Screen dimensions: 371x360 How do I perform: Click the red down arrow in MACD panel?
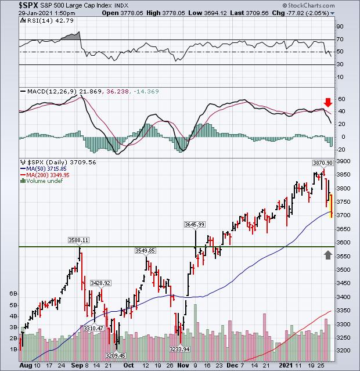pyautogui.click(x=327, y=103)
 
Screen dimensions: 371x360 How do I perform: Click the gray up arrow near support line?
pyautogui.click(x=329, y=254)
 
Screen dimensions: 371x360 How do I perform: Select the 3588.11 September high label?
pyautogui.click(x=78, y=239)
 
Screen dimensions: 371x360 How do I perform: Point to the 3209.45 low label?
pyautogui.click(x=116, y=354)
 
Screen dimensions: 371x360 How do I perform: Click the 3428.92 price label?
pyautogui.click(x=100, y=282)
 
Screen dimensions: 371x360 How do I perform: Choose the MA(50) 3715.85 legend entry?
pyautogui.click(x=43, y=169)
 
